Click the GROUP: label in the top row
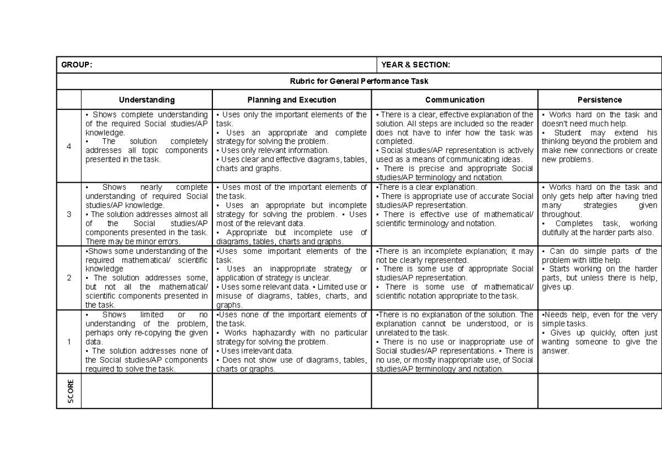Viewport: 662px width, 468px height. tap(77, 65)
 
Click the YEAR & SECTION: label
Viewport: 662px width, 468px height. tap(415, 65)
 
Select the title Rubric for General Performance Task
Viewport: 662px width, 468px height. tap(359, 81)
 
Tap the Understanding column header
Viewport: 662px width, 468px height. tap(146, 100)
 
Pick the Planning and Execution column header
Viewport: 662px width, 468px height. tap(292, 100)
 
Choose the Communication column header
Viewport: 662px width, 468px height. tap(455, 100)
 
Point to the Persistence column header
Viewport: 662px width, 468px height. tap(599, 100)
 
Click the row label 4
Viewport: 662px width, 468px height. tap(68, 146)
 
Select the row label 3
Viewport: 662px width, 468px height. tap(68, 214)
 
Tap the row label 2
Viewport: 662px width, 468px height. tap(68, 278)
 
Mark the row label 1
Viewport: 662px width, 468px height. tap(68, 342)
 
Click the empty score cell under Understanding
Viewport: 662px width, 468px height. tap(146, 391)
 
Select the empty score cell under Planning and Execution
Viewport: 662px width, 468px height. tap(292, 391)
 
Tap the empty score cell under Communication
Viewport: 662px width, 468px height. tap(455, 391)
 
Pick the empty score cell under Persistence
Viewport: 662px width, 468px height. tap(599, 391)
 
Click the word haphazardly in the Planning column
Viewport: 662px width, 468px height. tap(269, 333)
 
